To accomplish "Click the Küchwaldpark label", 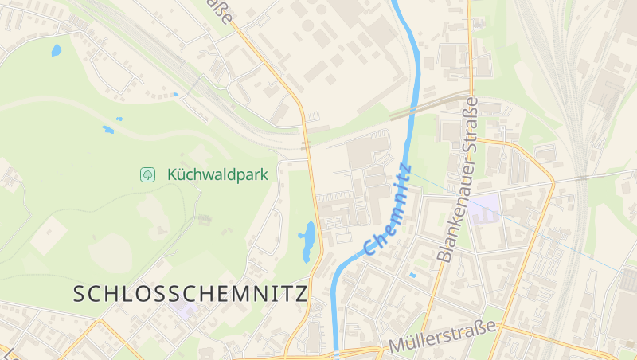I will tap(217, 174).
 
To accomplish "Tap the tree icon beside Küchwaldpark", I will tap(147, 174).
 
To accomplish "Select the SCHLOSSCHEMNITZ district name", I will tap(190, 293).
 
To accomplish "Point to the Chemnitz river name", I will tap(389, 209).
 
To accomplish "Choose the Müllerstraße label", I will tap(442, 337).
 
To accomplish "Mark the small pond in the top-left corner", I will tap(56, 50).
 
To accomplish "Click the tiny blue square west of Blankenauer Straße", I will tap(412, 275).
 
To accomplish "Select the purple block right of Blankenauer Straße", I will tap(483, 209).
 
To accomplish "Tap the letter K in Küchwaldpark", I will tap(173, 174).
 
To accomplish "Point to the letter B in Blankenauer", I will tap(444, 256).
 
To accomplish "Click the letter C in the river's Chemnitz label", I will tap(370, 248).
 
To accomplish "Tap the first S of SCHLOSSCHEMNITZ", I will tap(79, 294).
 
